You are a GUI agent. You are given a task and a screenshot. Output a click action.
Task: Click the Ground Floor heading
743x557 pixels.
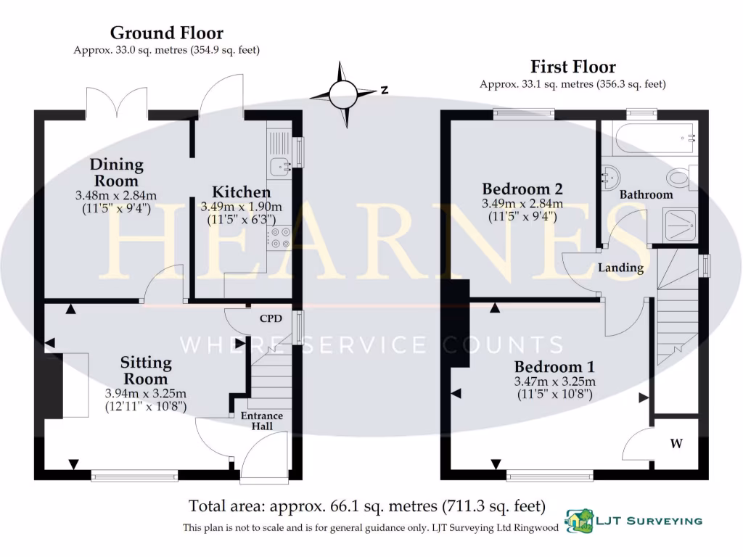tap(166, 33)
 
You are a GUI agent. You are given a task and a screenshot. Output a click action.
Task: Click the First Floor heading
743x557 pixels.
tap(572, 67)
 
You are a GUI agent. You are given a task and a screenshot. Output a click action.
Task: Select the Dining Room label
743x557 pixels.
tap(116, 173)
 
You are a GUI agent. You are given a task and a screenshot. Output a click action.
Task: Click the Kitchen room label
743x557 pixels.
tap(241, 192)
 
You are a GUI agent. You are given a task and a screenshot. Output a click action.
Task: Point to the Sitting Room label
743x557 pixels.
tap(146, 370)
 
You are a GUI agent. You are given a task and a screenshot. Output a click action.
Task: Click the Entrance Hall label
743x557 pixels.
tap(263, 421)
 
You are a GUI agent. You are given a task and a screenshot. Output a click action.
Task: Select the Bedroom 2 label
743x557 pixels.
tap(522, 189)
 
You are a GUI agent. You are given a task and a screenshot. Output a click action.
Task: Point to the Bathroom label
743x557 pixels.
tap(646, 194)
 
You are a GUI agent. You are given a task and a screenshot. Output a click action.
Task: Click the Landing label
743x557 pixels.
tap(620, 268)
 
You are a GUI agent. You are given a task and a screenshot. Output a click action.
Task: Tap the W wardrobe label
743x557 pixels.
tap(676, 444)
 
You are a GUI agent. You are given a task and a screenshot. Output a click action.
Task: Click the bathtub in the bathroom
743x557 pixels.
tap(654, 137)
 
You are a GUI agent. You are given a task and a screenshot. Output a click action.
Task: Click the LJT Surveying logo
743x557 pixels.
tap(633, 520)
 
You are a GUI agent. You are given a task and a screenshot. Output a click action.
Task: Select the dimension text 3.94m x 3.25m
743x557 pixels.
tap(146, 393)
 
